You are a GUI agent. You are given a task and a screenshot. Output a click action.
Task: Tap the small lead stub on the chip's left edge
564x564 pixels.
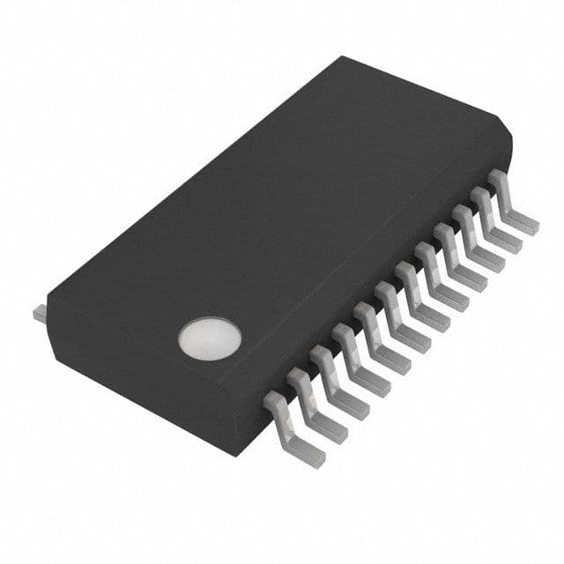40,313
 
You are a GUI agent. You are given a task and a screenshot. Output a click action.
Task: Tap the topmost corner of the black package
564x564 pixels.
342,57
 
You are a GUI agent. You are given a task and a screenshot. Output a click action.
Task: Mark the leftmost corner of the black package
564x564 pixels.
48,300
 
